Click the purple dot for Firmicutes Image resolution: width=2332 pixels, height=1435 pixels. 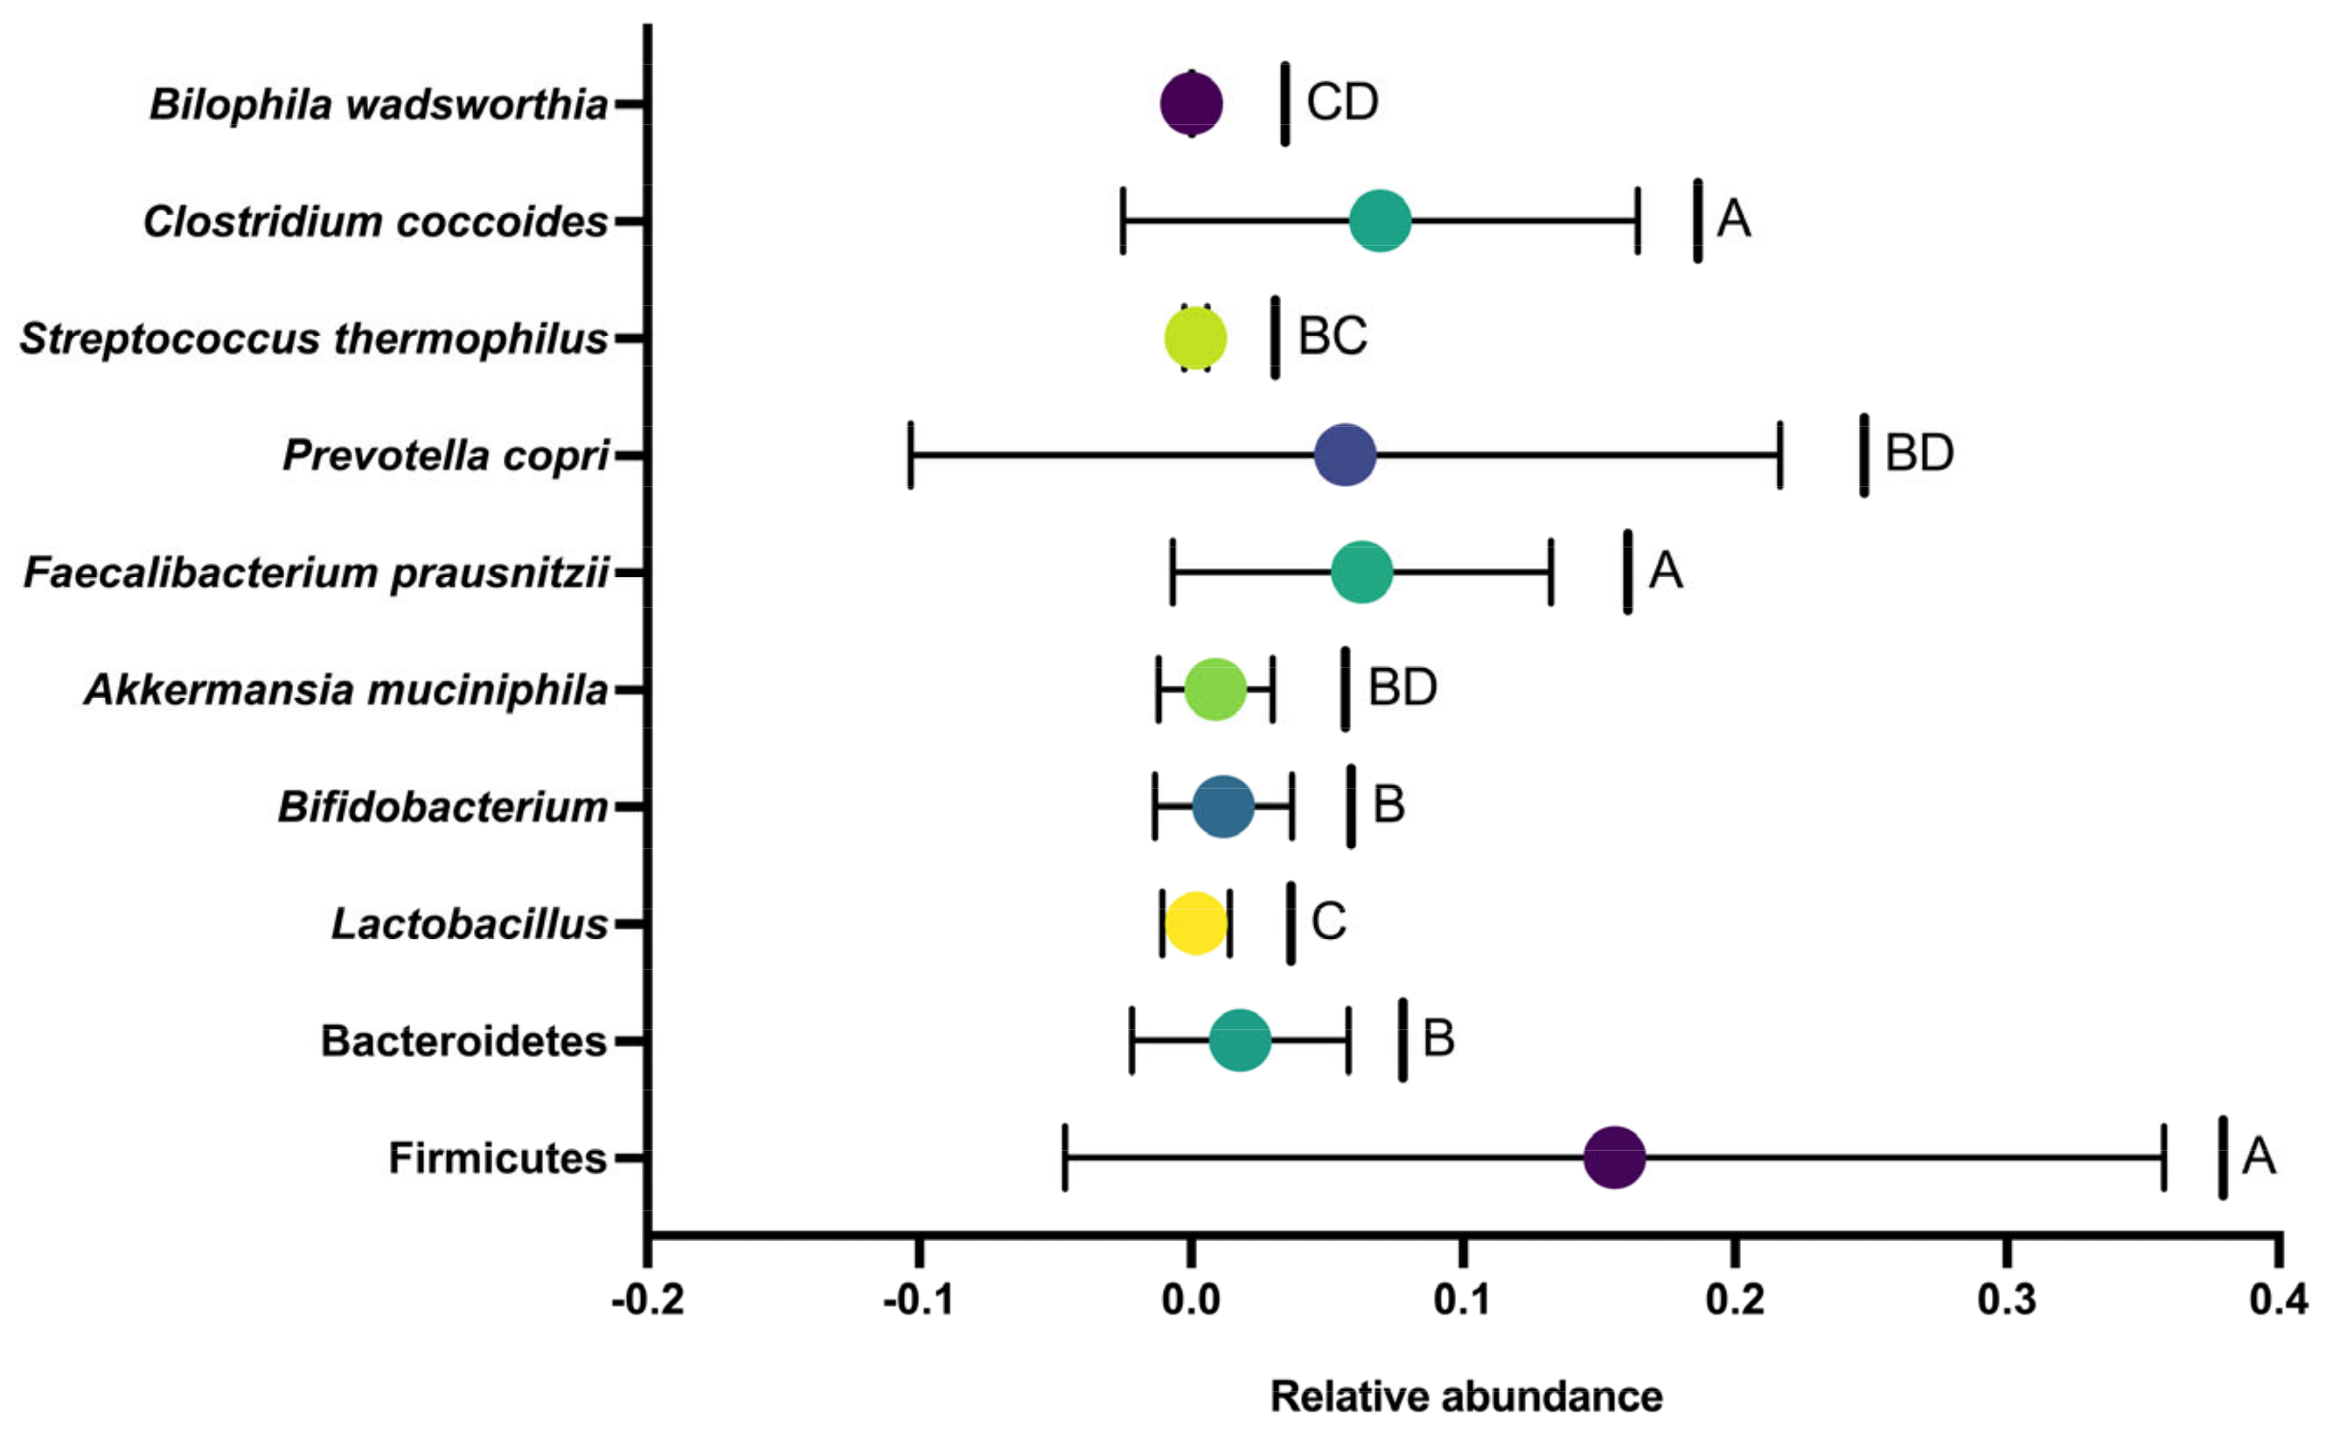point(1614,1158)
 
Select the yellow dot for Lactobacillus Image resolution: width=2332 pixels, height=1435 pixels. point(1195,923)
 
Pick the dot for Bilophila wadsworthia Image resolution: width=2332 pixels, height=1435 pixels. point(1192,103)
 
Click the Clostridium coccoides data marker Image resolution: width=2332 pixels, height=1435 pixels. point(1381,221)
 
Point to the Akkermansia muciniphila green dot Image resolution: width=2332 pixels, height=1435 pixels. point(1215,689)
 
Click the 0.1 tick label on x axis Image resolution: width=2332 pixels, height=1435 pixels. point(1463,1299)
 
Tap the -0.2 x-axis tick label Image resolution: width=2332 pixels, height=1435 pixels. point(648,1299)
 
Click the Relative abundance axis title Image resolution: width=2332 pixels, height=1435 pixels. point(1465,1397)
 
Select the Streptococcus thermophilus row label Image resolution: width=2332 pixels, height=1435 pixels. point(314,338)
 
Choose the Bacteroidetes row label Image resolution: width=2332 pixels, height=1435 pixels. point(464,1041)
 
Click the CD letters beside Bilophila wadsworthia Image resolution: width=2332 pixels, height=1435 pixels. point(1341,101)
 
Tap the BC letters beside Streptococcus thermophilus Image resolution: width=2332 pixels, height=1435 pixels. point(1332,336)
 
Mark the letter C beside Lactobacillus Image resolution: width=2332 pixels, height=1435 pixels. point(1328,922)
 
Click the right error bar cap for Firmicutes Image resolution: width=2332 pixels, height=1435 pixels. point(2163,1158)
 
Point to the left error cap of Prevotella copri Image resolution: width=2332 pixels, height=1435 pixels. point(911,456)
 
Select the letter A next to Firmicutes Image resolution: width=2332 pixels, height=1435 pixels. point(2259,1156)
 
